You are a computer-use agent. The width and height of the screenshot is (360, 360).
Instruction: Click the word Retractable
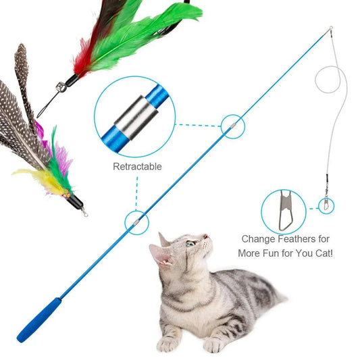(x=137, y=166)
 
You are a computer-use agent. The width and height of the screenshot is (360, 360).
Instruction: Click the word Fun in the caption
(x=281, y=254)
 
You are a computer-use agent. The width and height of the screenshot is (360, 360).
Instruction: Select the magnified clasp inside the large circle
(x=280, y=209)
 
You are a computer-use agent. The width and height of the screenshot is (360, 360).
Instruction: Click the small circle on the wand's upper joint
(x=232, y=125)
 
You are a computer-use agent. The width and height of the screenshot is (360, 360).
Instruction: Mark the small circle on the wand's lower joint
(x=137, y=220)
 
